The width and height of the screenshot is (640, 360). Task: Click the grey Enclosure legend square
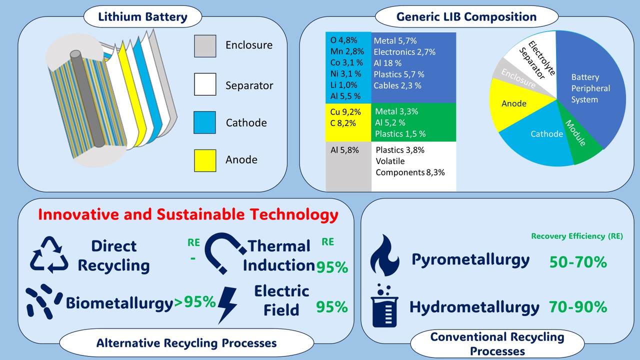pyautogui.click(x=205, y=46)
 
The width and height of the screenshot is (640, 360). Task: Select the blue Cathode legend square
pyautogui.click(x=204, y=122)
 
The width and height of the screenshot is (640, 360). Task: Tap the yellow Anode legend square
pyautogui.click(x=205, y=160)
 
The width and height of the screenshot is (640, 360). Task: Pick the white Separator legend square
pyautogui.click(x=205, y=84)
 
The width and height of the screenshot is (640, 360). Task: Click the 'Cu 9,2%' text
pyautogui.click(x=345, y=111)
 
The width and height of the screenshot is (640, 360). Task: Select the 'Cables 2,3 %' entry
pyautogui.click(x=397, y=85)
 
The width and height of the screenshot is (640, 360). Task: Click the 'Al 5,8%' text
pyautogui.click(x=344, y=150)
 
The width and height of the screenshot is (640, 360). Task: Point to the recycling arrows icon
pyautogui.click(x=49, y=254)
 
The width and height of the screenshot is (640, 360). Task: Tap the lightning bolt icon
pyautogui.click(x=227, y=305)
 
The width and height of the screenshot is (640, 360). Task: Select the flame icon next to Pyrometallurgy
pyautogui.click(x=384, y=255)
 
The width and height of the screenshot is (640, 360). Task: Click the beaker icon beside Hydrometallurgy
pyautogui.click(x=384, y=305)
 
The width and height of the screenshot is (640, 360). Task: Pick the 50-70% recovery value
pyautogui.click(x=578, y=262)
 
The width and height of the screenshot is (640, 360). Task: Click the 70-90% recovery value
pyautogui.click(x=577, y=307)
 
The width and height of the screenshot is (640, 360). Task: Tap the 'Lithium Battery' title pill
pyautogui.click(x=142, y=16)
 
